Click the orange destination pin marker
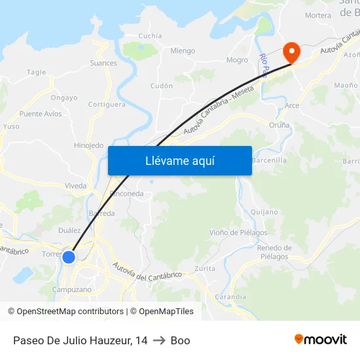[x=291, y=52]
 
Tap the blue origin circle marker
[x=69, y=257]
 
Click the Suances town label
[x=104, y=63]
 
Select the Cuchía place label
[x=151, y=36]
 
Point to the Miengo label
[x=183, y=51]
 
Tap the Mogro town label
[x=237, y=60]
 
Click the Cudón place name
[x=162, y=86]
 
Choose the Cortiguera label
[x=107, y=104]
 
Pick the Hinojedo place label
[x=89, y=145]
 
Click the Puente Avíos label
[x=41, y=114]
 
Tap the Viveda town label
[x=76, y=186]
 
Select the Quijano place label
[x=264, y=212]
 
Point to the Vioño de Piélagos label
[x=238, y=232]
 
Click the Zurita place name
[x=205, y=269]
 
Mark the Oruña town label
[x=279, y=125]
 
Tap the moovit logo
[x=320, y=340]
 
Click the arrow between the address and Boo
[x=159, y=340]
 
